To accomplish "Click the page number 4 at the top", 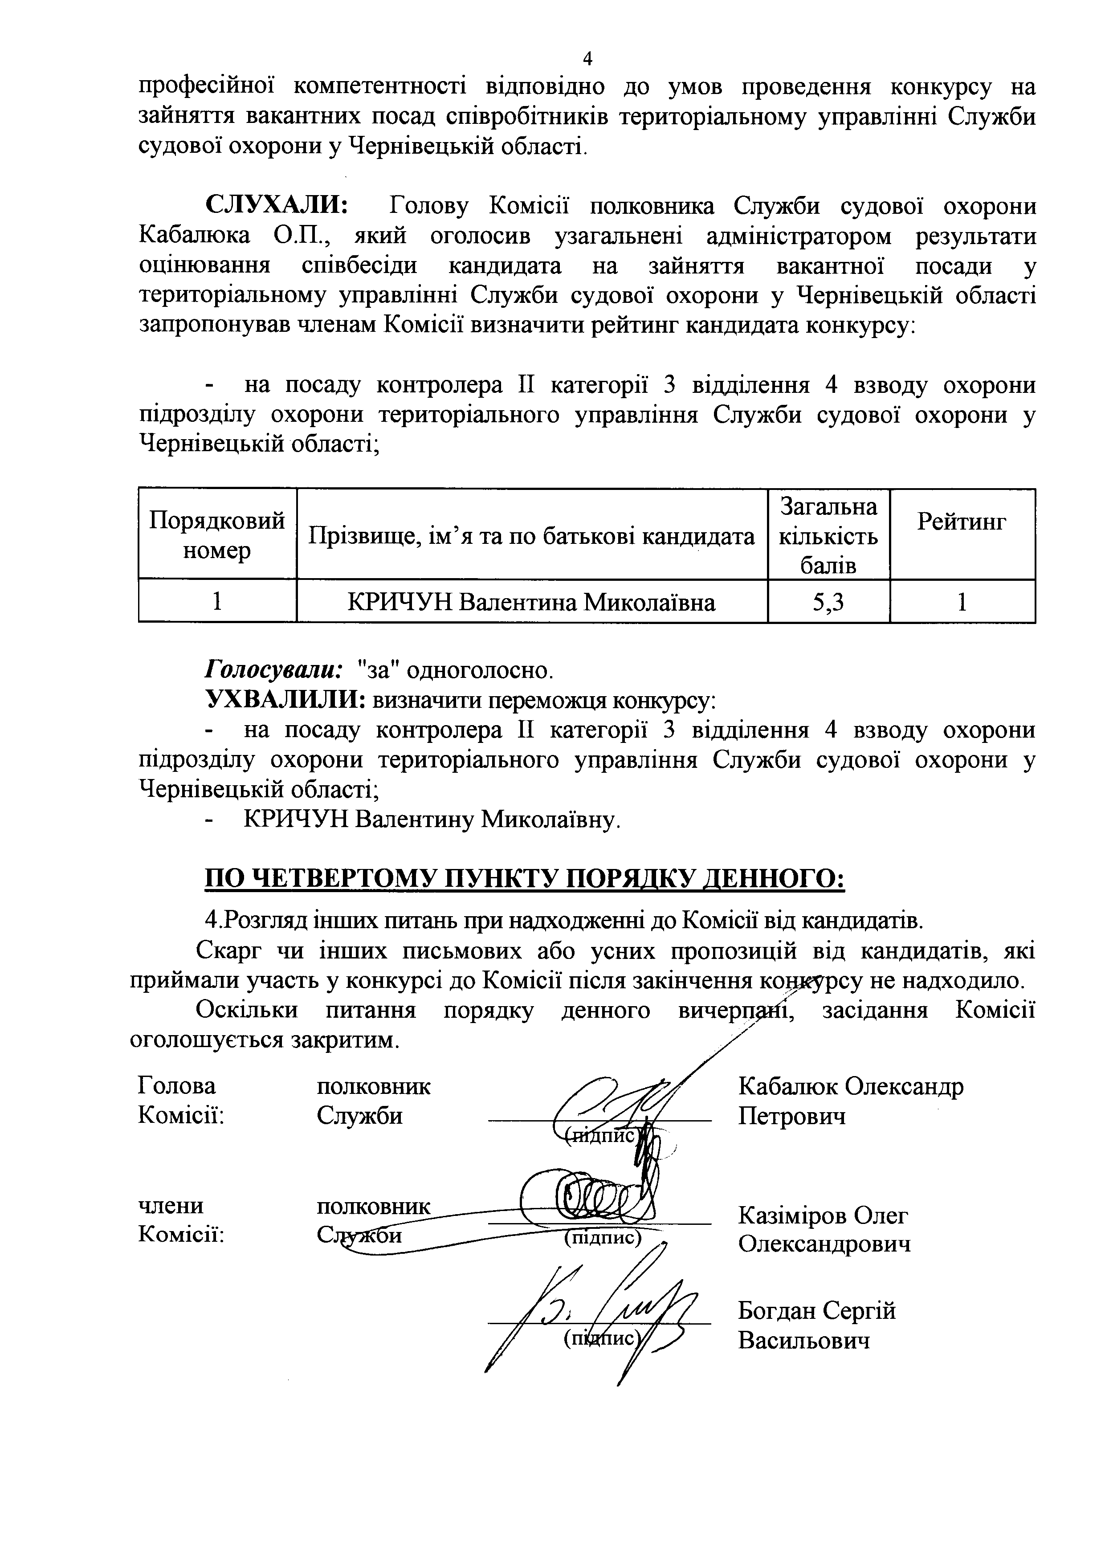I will (x=588, y=59).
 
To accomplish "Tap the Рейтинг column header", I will (x=962, y=522).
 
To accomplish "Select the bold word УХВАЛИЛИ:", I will (x=286, y=699).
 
